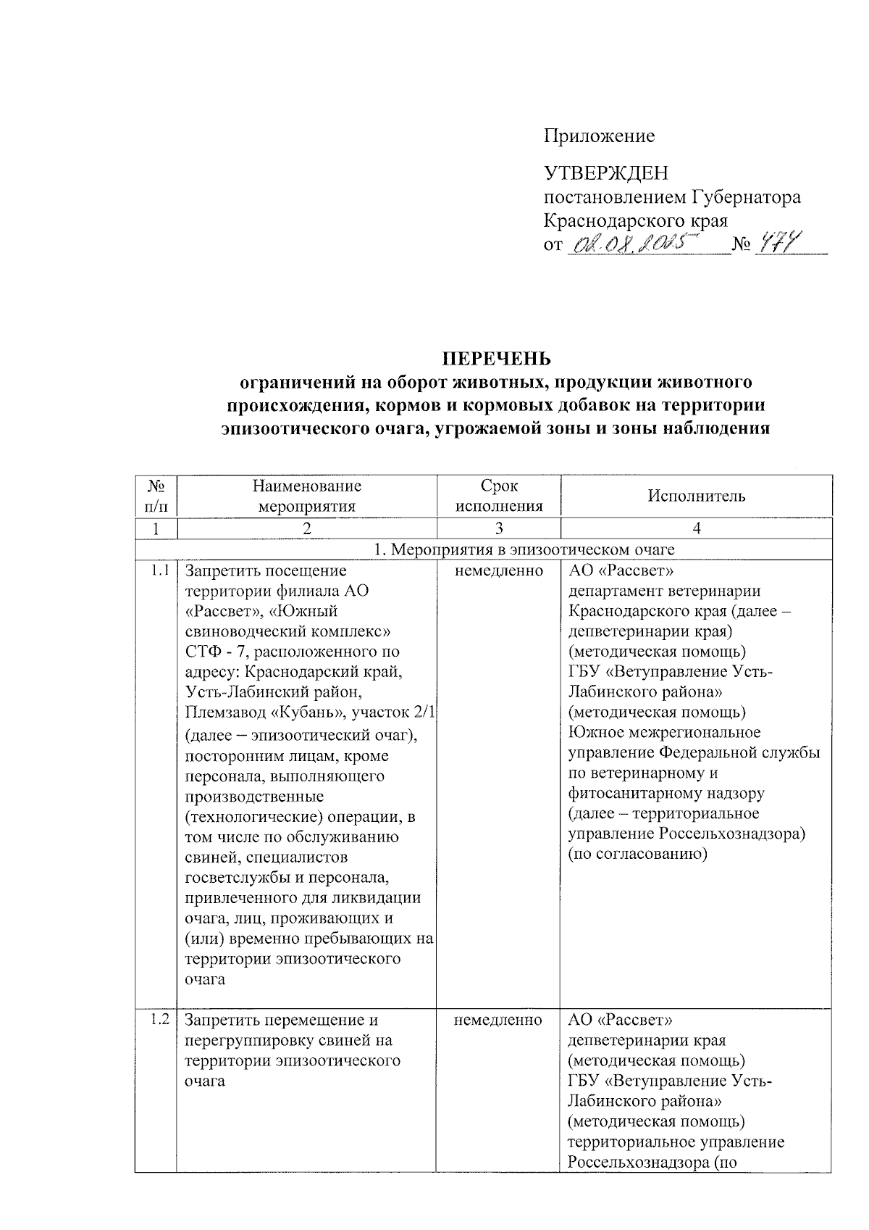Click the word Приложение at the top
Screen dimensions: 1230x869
(599, 136)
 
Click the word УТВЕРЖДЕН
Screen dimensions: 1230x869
(606, 173)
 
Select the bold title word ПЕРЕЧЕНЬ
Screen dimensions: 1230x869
(497, 359)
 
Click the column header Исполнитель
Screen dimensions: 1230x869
(696, 496)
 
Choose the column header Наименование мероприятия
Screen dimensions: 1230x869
(306, 496)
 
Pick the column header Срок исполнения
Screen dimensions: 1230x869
(499, 496)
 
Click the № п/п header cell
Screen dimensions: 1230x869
(156, 496)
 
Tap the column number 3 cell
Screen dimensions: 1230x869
(499, 528)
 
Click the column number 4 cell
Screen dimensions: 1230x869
(697, 528)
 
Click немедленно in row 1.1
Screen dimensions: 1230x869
(499, 571)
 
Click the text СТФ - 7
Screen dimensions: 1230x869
(214, 652)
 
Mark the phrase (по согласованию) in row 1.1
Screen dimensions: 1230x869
(637, 854)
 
